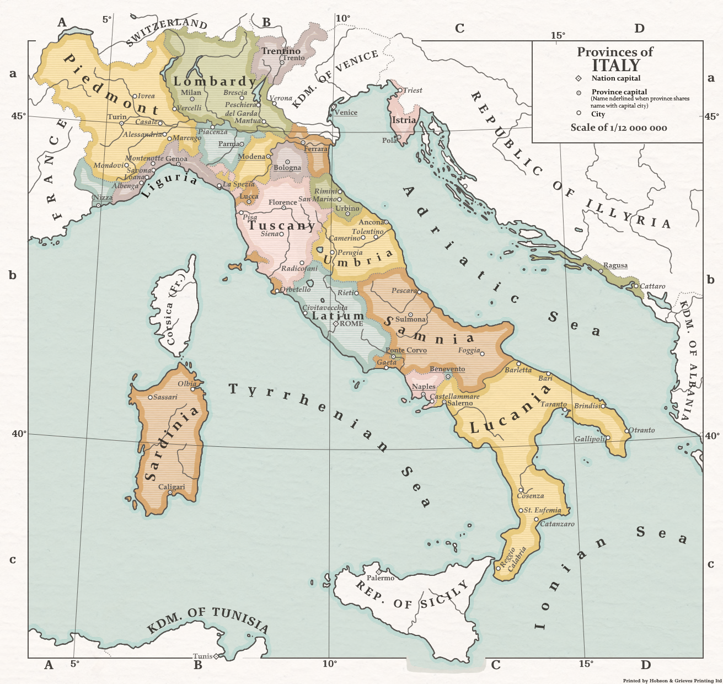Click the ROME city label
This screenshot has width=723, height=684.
pos(351,324)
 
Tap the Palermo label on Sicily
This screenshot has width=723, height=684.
pos(381,578)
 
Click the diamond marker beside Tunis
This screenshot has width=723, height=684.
pos(216,656)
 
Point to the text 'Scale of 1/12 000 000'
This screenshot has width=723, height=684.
pos(619,128)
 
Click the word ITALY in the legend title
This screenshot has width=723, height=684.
pos(615,66)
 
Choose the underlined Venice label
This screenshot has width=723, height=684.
pos(346,113)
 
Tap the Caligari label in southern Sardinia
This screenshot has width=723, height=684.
pos(172,487)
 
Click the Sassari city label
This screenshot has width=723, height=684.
pos(165,397)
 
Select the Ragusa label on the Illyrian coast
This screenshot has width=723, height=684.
pos(615,265)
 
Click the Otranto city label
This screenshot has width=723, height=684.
pos(642,430)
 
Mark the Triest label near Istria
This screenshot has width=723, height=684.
pos(413,90)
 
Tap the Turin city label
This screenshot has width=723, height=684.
pos(117,117)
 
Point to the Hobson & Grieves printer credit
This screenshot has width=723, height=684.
pos(672,681)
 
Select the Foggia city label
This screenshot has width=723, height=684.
pos(469,351)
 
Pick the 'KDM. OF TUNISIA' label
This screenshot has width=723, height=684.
pos(208,620)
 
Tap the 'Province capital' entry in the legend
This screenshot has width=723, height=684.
pos(619,92)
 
